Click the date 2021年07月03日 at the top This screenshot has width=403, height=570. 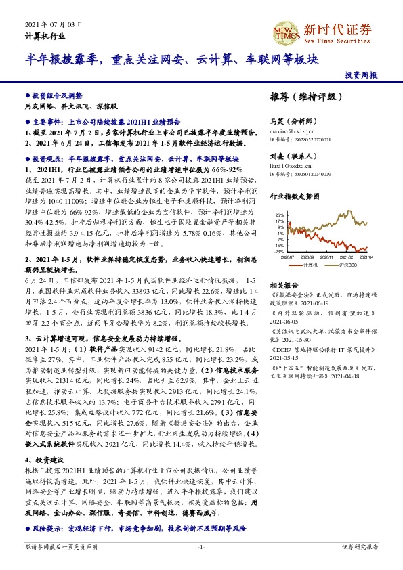click(54, 24)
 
